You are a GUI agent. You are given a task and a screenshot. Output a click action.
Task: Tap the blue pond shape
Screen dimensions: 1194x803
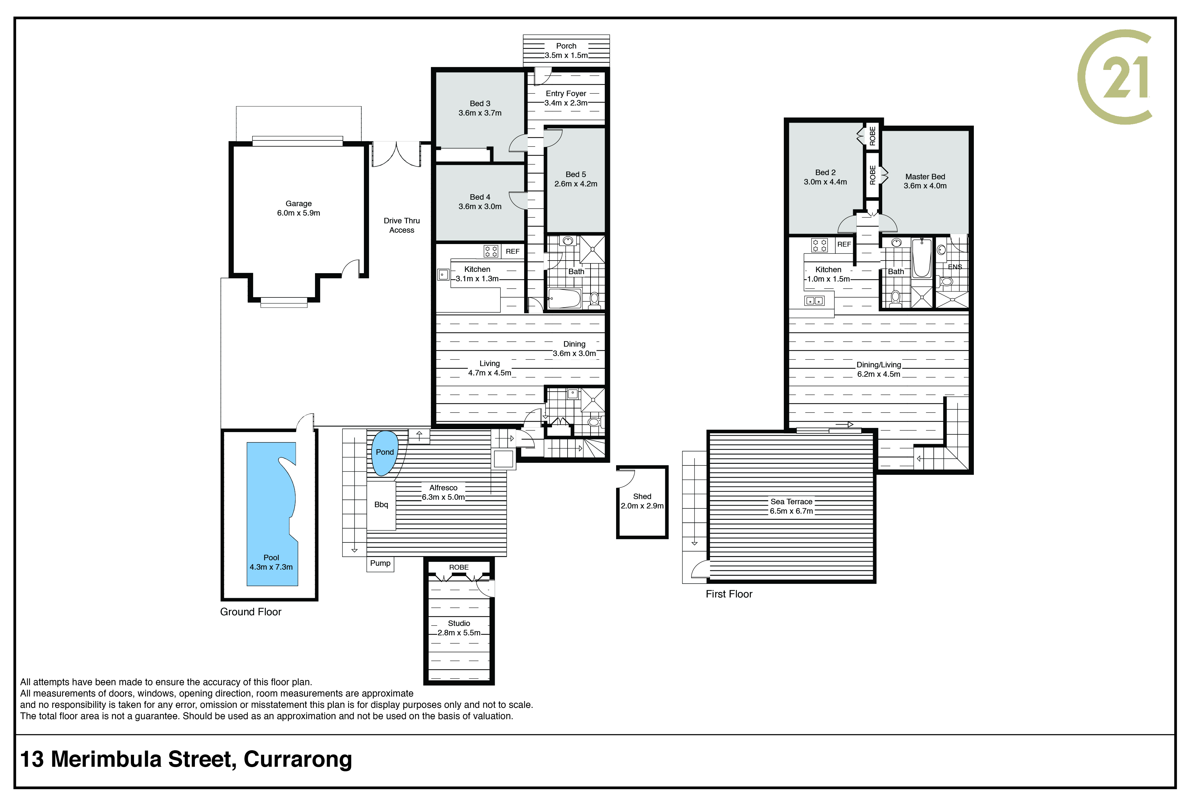385,453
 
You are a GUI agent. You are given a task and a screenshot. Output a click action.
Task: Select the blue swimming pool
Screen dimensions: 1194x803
272,514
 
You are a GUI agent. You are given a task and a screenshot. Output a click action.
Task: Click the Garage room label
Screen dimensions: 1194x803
298,203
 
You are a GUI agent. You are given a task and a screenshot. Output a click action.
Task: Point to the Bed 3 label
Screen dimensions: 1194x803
480,104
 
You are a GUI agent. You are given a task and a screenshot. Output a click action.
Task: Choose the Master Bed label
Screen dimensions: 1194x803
925,177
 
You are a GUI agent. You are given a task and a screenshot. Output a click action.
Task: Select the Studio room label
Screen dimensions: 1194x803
459,623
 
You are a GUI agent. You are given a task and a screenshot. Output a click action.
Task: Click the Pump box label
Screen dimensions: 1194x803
380,563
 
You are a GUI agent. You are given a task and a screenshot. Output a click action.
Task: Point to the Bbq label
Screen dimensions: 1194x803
381,505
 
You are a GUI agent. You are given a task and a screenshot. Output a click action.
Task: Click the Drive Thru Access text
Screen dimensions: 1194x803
401,225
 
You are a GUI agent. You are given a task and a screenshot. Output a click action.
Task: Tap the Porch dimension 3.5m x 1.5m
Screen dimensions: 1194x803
566,55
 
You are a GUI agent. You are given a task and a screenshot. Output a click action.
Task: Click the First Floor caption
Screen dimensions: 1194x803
729,594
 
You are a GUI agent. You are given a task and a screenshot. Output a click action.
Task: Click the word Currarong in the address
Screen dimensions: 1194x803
298,760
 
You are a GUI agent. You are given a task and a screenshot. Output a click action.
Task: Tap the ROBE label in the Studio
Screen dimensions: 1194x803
459,567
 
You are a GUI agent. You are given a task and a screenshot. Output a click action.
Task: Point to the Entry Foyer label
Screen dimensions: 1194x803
566,94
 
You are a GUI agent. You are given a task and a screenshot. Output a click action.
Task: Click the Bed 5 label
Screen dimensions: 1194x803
576,175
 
